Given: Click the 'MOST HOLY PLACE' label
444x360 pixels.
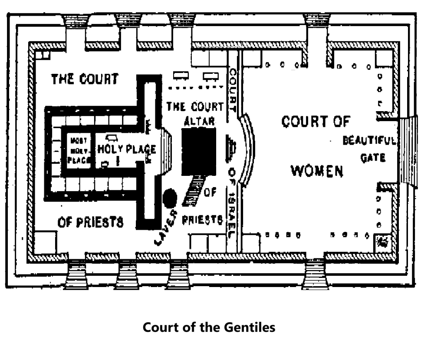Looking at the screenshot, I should pos(79,150).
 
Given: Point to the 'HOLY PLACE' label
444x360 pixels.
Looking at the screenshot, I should pos(126,149).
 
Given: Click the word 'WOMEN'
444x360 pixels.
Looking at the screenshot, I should pos(317,171).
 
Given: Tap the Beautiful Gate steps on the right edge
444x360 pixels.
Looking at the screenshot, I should pos(408,152).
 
